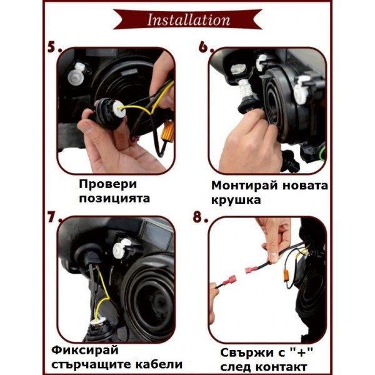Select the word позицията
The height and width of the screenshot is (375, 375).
tap(114, 199)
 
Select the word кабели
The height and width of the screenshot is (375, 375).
tap(161, 364)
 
